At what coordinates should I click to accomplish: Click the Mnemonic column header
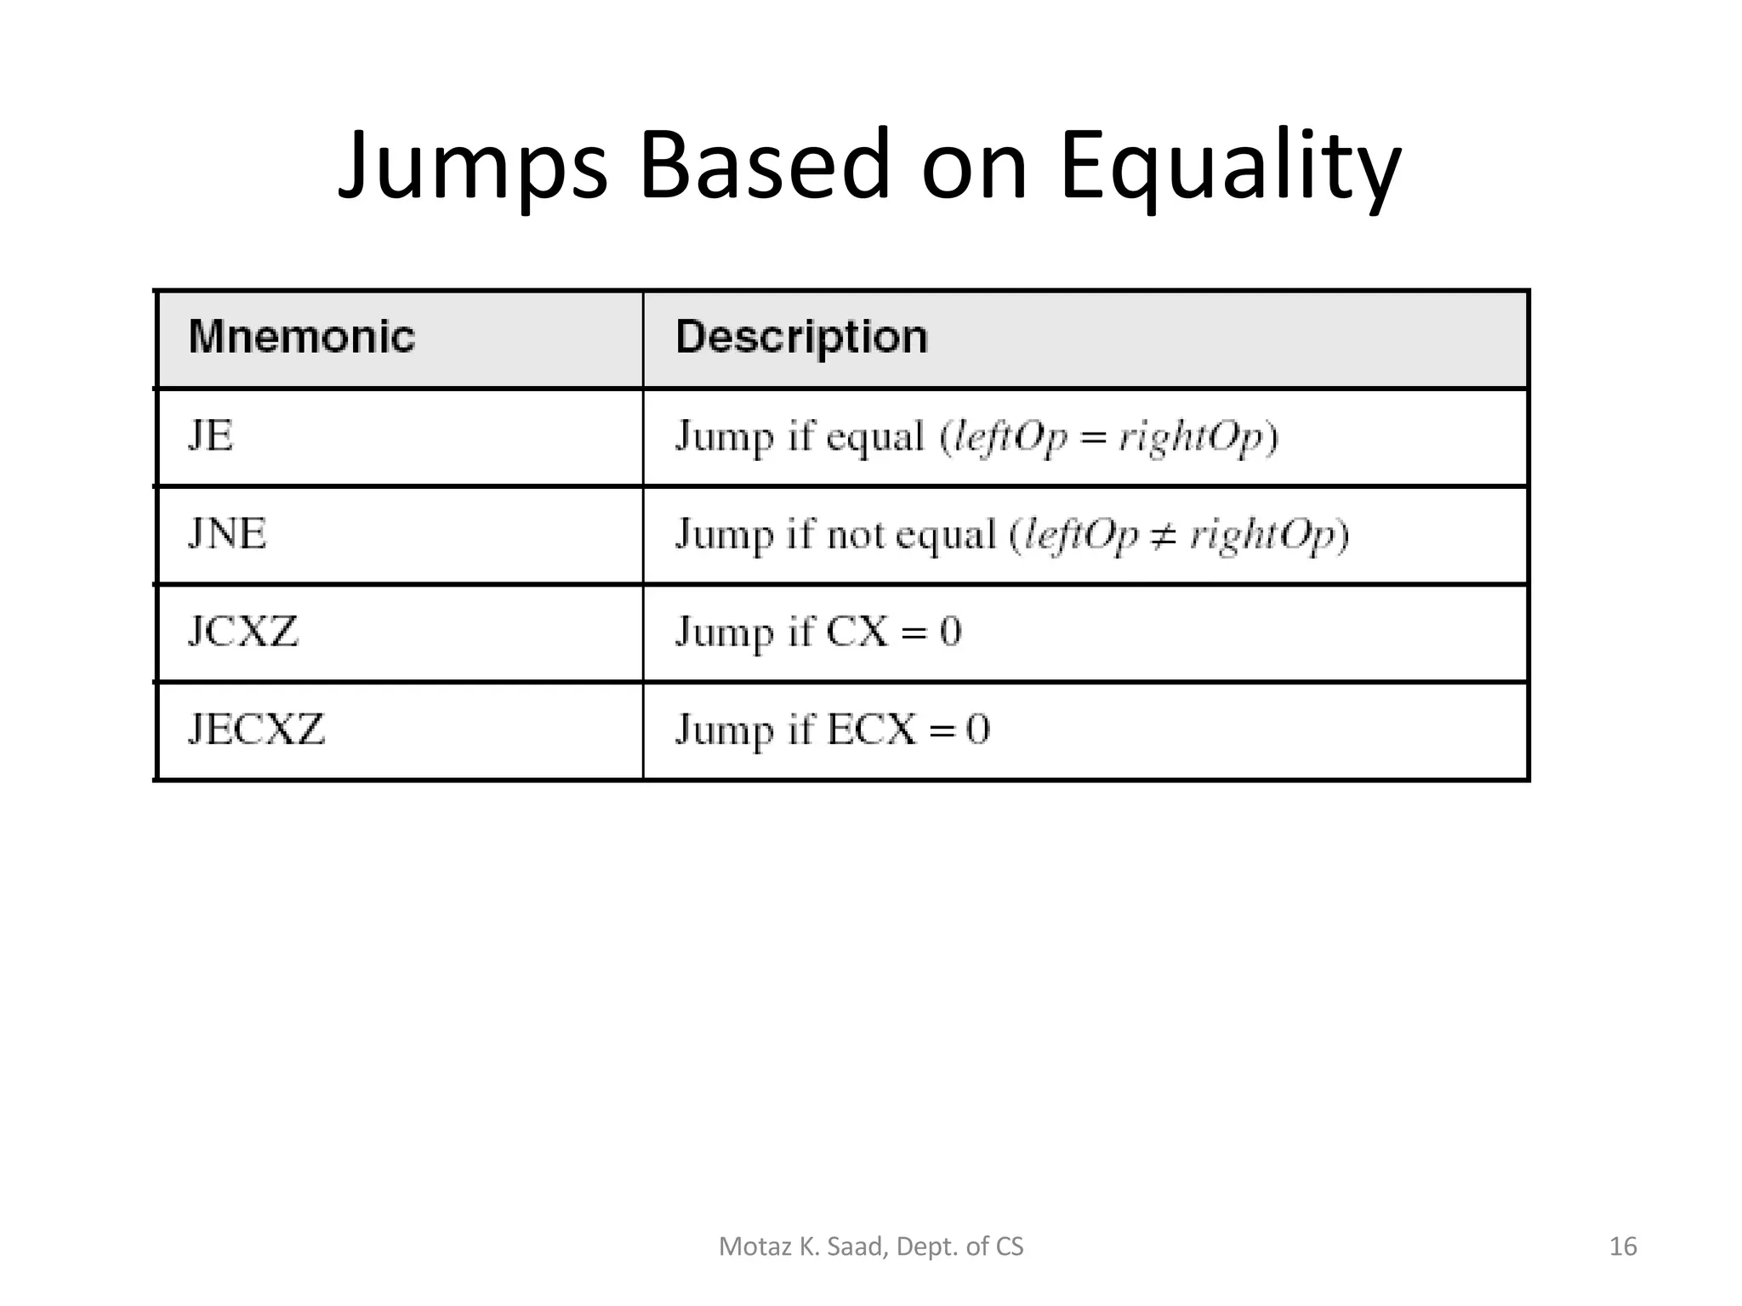pyautogui.click(x=302, y=337)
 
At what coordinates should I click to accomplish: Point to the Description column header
pyautogui.click(x=801, y=337)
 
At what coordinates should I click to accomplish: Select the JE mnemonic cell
pyautogui.click(x=210, y=436)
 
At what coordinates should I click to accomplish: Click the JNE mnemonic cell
pyautogui.click(x=227, y=534)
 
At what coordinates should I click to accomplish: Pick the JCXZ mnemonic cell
pyautogui.click(x=243, y=632)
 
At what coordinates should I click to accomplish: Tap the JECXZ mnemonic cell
pyautogui.click(x=256, y=730)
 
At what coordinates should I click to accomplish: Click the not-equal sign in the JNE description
pyautogui.click(x=1163, y=536)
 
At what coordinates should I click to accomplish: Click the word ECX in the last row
pyautogui.click(x=872, y=730)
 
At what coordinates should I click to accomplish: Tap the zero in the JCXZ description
pyautogui.click(x=950, y=632)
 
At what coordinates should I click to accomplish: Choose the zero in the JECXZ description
pyautogui.click(x=978, y=730)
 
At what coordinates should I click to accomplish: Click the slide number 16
pyautogui.click(x=1623, y=1246)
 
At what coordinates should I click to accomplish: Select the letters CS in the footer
pyautogui.click(x=1010, y=1246)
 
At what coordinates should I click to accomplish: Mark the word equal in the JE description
pyautogui.click(x=874, y=438)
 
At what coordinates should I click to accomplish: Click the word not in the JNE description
pyautogui.click(x=857, y=536)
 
